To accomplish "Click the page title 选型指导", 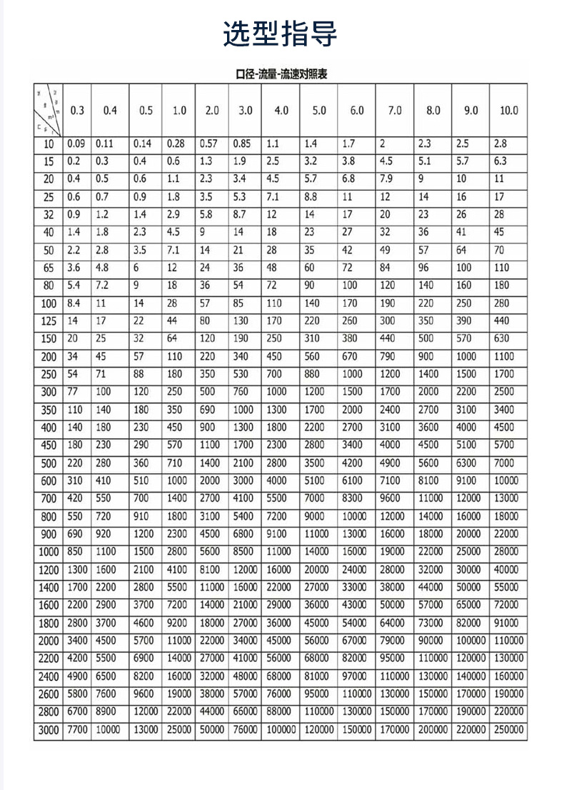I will (x=280, y=34).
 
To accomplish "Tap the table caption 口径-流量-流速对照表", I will (x=281, y=74).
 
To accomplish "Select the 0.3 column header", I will (x=77, y=111).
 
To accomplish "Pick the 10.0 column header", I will (x=508, y=111).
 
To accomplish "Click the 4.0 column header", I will (x=281, y=111).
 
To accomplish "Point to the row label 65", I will (x=49, y=268).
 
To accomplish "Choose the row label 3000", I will (x=49, y=729).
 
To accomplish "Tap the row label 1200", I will (x=49, y=569).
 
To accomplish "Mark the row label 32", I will (x=49, y=214).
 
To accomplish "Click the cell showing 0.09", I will (x=76, y=143).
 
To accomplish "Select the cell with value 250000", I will (x=508, y=729).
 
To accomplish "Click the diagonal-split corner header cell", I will (x=49, y=111).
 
